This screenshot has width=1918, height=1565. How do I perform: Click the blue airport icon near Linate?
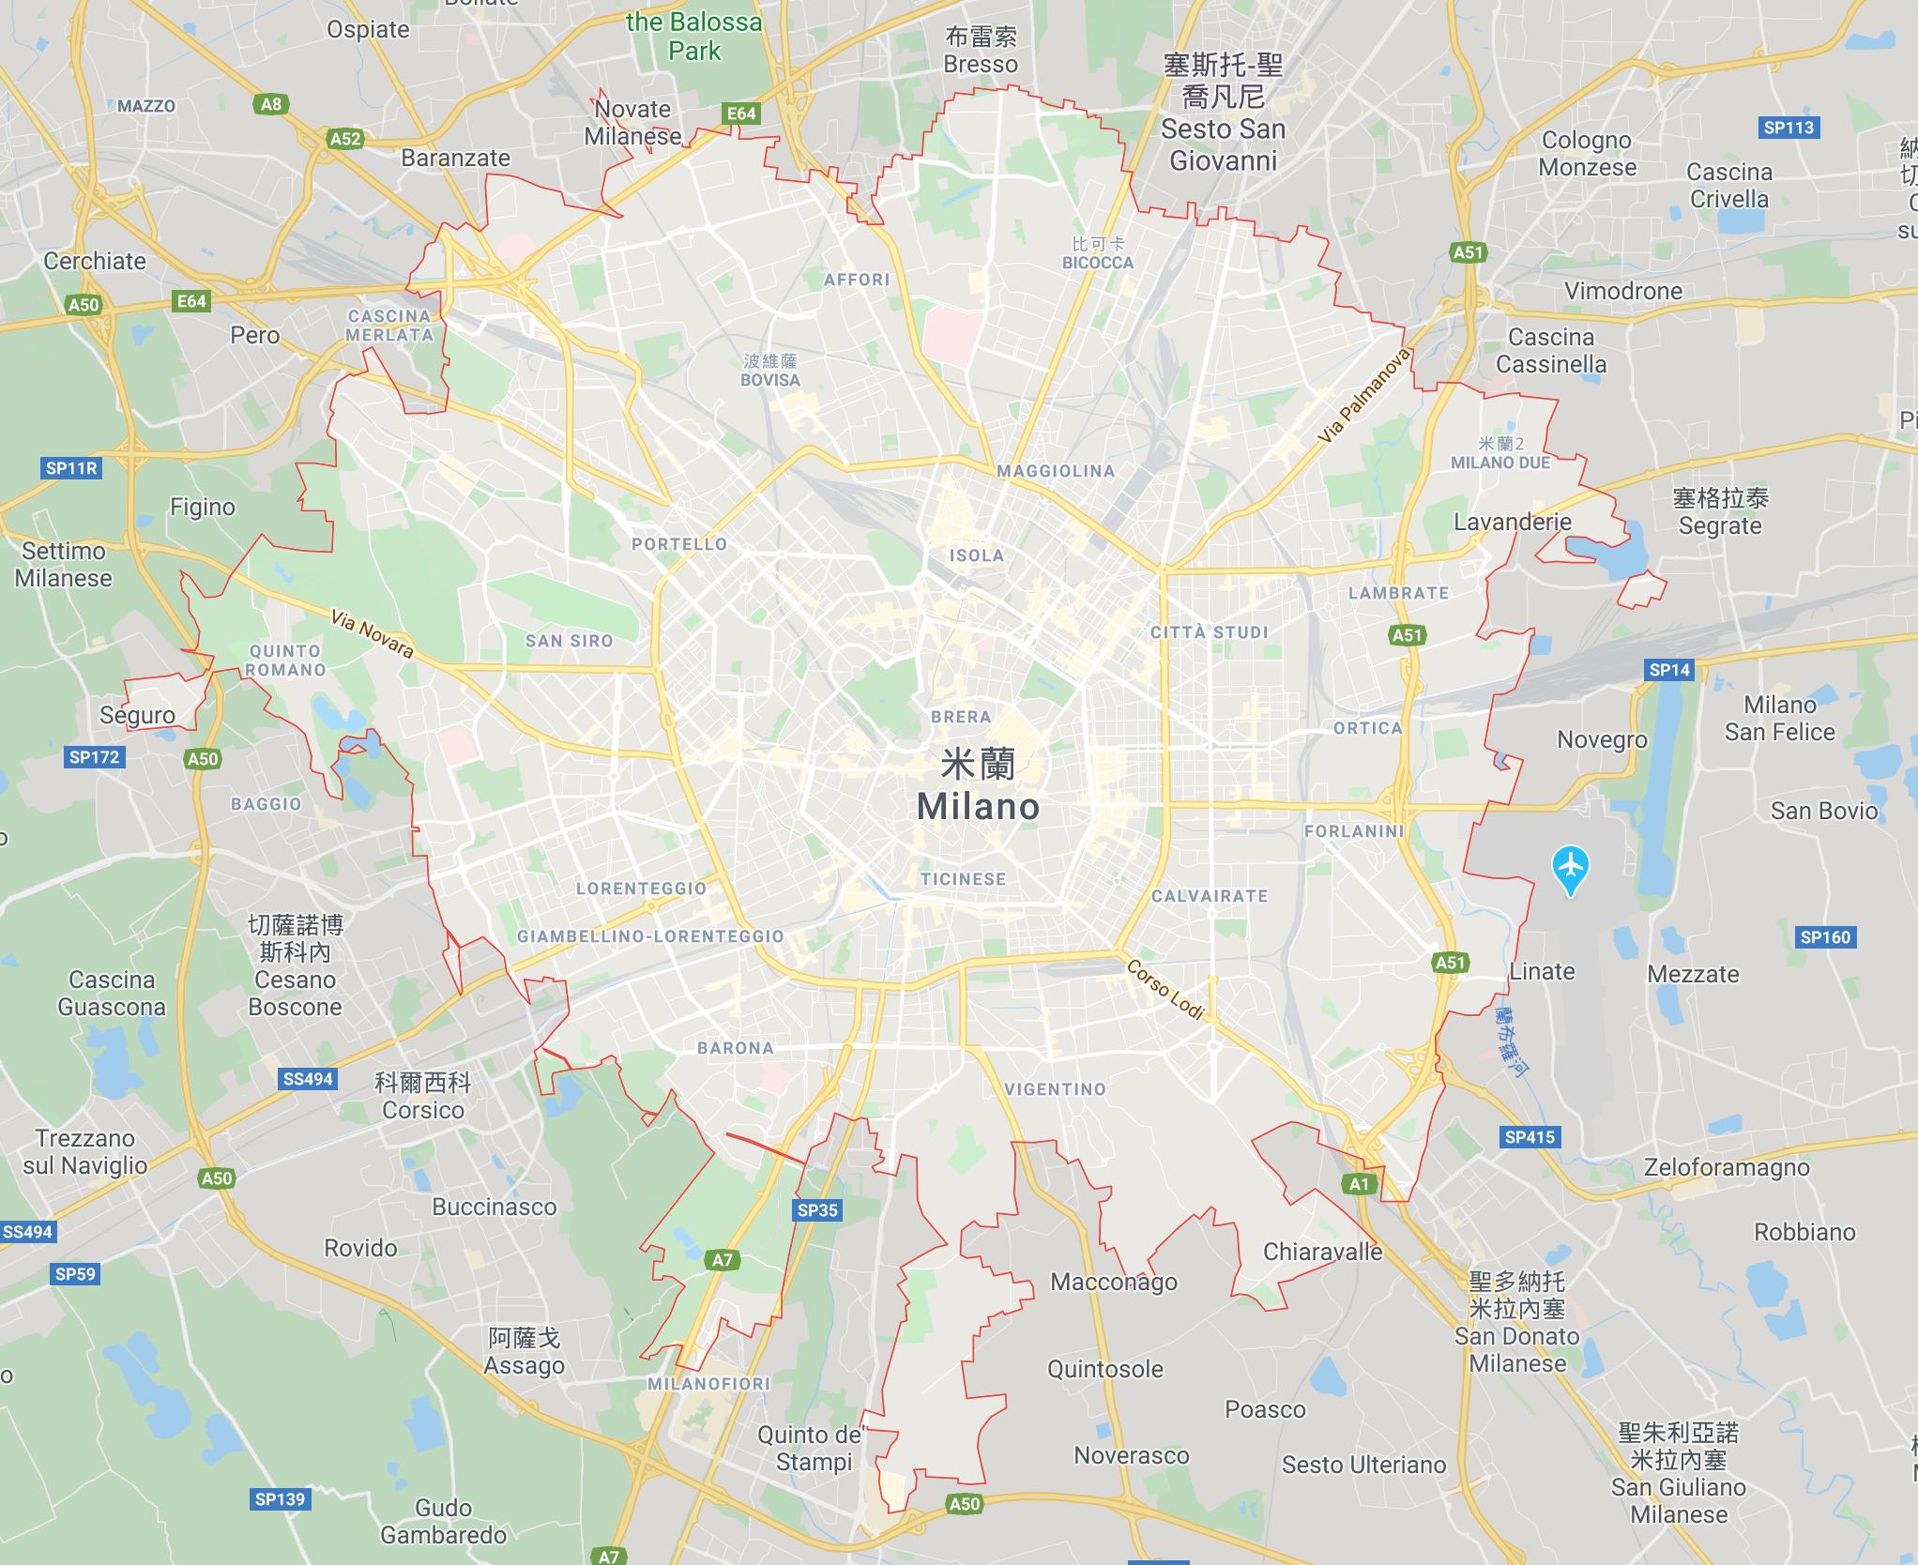1571,867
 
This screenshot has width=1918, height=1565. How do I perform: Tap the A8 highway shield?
270,104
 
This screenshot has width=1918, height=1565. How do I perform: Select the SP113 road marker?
1788,128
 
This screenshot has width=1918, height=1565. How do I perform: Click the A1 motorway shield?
1360,1184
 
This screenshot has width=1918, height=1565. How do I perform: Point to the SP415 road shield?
1530,1137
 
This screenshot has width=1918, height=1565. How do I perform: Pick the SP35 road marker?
816,1210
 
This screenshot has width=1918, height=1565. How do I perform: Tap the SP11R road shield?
71,467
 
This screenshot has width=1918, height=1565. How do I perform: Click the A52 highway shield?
345,139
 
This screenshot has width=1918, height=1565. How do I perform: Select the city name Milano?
978,807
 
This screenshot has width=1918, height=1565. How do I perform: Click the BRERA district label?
961,717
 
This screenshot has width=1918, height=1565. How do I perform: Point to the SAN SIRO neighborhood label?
569,641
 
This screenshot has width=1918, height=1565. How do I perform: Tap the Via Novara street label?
372,633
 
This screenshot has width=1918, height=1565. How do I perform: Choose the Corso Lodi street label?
1164,989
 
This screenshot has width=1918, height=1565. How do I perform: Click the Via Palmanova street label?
1363,396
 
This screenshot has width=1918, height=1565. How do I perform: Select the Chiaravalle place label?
1322,1252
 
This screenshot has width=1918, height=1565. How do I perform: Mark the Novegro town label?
1602,739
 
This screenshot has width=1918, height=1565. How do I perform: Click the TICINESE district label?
963,879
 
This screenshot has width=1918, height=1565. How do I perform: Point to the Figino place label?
202,507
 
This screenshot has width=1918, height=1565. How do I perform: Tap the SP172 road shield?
94,756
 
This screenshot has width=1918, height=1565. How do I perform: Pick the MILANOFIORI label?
708,1384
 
